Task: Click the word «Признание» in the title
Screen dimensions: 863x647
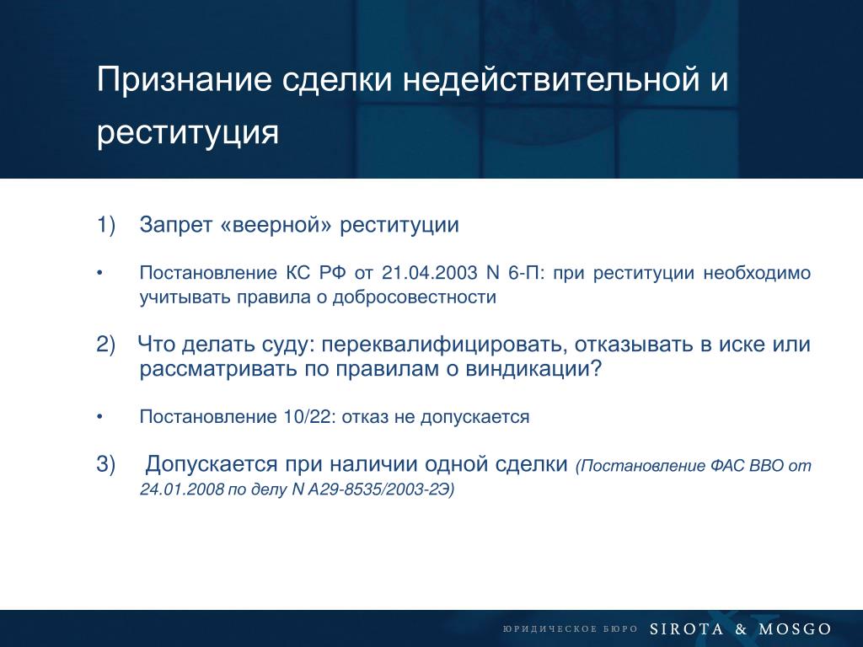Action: click(184, 80)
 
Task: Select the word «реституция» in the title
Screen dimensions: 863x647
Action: click(187, 133)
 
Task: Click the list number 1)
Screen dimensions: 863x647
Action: click(106, 224)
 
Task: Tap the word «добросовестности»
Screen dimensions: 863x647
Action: click(415, 297)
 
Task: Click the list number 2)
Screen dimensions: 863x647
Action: click(106, 345)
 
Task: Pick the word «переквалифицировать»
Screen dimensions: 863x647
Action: click(445, 345)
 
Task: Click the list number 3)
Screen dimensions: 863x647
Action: click(106, 464)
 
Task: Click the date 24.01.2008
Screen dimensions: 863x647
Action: click(182, 489)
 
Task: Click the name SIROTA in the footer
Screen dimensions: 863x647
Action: click(686, 628)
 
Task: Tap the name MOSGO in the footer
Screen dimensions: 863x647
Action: click(795, 628)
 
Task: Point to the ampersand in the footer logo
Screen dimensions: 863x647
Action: click(741, 628)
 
